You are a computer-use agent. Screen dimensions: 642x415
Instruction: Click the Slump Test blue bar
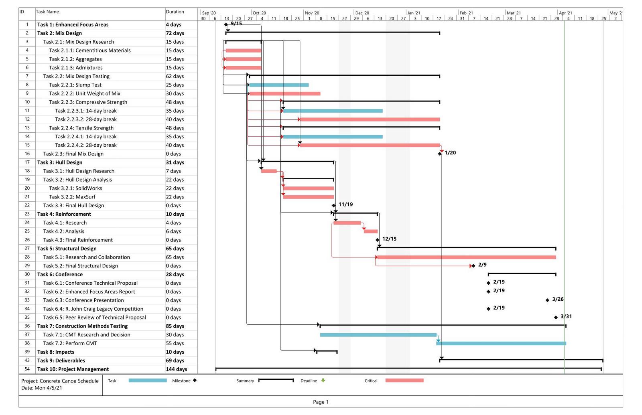279,85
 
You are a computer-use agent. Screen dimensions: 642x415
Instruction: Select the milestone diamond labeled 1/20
440,154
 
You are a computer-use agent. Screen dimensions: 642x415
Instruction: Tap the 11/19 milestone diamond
333,205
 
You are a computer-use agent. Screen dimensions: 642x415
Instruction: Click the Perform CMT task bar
501,343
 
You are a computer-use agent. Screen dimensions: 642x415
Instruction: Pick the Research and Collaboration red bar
467,257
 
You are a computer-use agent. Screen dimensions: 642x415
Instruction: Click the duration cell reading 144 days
176,369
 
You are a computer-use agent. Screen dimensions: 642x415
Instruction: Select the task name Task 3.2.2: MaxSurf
72,197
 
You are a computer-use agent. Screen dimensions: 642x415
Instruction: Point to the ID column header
22,12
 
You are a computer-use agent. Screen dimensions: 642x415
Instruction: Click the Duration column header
175,12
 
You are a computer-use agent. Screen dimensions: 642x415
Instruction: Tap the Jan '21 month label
414,13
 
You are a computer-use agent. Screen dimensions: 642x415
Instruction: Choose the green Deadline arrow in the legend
323,381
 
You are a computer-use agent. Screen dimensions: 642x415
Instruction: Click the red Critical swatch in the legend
404,381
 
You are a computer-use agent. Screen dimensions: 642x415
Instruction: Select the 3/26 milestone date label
558,299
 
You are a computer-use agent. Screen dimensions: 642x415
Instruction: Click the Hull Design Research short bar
269,171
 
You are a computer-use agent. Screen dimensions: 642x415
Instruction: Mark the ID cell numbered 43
27,360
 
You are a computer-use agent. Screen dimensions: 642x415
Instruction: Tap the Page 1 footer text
321,402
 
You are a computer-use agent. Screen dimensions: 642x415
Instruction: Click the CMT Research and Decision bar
378,335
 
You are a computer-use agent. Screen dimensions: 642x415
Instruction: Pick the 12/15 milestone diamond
378,240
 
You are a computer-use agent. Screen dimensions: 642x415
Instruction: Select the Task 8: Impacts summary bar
327,351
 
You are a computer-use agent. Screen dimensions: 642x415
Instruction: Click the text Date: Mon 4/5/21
42,388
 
